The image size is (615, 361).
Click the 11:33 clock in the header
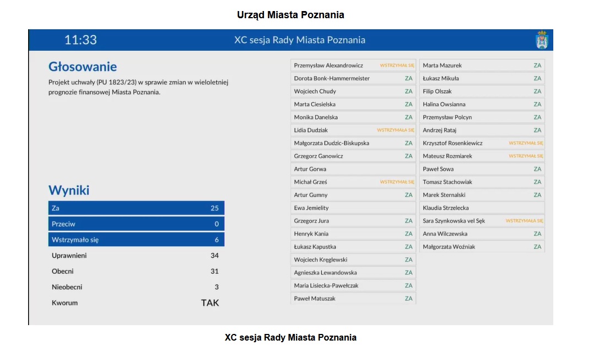click(x=80, y=40)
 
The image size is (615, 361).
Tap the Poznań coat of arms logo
click(x=542, y=40)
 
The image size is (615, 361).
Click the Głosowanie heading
click(x=83, y=67)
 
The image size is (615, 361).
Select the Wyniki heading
click(x=69, y=190)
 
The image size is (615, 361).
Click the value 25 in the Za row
click(x=214, y=208)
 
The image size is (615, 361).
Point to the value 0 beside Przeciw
click(x=217, y=224)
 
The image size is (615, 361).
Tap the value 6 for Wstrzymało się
click(x=217, y=240)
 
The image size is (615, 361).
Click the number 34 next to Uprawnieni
click(x=214, y=256)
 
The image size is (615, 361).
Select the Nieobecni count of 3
click(x=217, y=287)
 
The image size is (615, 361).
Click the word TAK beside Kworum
click(x=210, y=302)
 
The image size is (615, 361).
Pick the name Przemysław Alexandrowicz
click(x=328, y=65)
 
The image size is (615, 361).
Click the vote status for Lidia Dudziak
click(x=395, y=130)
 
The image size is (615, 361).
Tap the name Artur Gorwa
click(x=310, y=169)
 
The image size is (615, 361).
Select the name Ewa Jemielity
click(x=311, y=208)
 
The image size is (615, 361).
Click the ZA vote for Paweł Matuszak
click(x=408, y=299)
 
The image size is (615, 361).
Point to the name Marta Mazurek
click(x=442, y=65)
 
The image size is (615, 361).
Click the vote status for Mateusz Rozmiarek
click(x=526, y=156)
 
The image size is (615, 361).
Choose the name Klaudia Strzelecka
click(x=446, y=208)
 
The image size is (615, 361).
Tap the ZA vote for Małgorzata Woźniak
click(x=537, y=247)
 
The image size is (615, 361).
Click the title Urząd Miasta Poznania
click(x=290, y=15)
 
